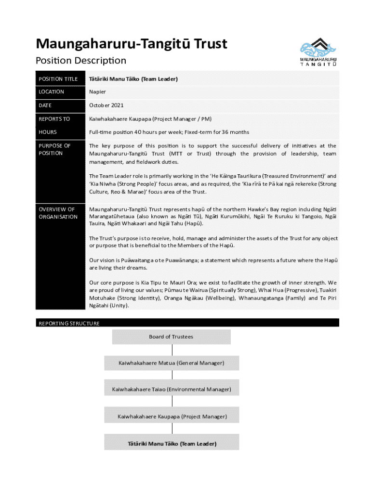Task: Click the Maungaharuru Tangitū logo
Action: click(318, 52)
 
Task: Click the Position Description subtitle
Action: click(81, 61)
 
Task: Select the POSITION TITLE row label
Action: click(58, 79)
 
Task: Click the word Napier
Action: click(97, 92)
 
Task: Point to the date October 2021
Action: click(106, 105)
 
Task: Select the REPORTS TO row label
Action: click(54, 119)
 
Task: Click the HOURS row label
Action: click(48, 132)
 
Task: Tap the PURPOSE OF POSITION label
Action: click(54, 149)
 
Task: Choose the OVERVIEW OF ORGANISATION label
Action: click(58, 213)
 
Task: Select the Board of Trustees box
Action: click(171, 337)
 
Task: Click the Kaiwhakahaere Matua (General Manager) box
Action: click(172, 363)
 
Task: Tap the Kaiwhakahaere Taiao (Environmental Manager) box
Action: click(172, 389)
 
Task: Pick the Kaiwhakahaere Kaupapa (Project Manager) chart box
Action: click(172, 416)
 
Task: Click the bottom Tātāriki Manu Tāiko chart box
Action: click(172, 443)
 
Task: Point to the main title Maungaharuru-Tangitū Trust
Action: click(132, 44)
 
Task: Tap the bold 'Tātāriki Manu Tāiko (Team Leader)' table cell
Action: click(133, 79)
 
